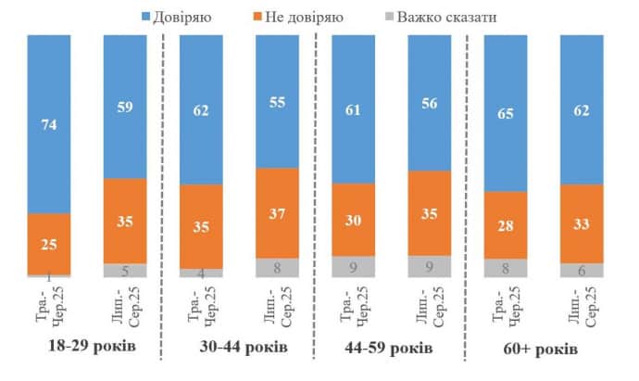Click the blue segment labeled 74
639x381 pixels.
(49, 124)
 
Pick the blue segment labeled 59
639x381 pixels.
(125, 107)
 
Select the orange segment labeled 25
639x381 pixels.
(49, 244)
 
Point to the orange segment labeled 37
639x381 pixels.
(277, 212)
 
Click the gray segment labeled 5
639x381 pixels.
(125, 270)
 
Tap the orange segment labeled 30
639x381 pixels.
(354, 219)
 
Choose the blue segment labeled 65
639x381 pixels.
(506, 113)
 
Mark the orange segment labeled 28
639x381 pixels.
(506, 224)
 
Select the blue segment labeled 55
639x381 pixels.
(277, 101)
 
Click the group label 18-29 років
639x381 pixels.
(87, 349)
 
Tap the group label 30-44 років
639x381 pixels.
(244, 349)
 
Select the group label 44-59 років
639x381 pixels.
(393, 349)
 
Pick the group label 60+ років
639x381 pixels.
(543, 349)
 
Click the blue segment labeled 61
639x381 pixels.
(354, 108)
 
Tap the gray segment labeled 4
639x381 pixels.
(202, 273)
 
